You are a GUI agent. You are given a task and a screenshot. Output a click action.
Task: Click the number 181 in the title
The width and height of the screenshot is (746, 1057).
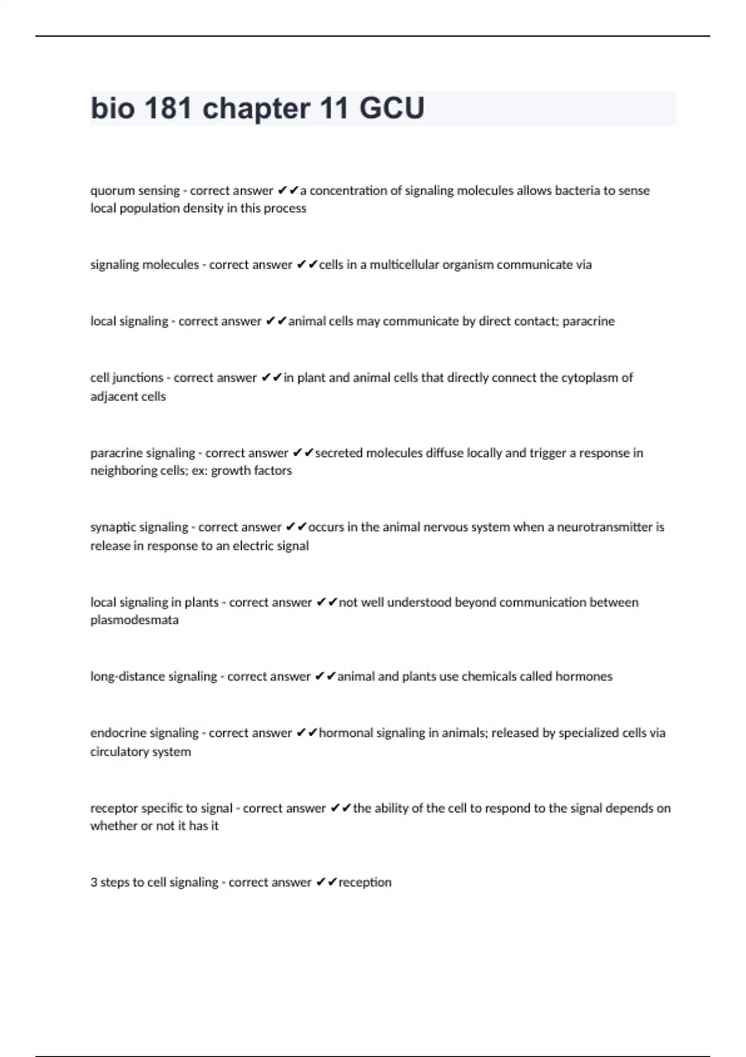click(168, 108)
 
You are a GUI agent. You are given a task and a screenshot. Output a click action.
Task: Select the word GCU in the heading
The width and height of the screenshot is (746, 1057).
click(392, 108)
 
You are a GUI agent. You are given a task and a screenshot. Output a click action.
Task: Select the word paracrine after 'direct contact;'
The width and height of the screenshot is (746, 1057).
click(588, 321)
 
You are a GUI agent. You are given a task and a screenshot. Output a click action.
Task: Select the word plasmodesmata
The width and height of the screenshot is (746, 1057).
click(134, 620)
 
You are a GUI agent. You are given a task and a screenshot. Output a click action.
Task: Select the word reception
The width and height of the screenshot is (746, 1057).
click(365, 882)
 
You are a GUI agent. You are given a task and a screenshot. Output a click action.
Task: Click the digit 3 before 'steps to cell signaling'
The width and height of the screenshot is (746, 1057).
click(94, 882)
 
